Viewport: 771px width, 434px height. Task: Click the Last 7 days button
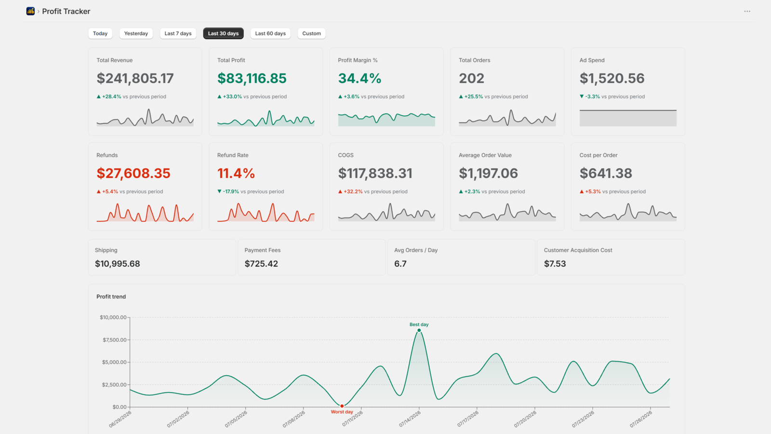(x=178, y=33)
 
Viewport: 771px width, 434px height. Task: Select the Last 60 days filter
(x=270, y=33)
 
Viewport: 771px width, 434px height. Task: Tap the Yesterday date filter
(x=136, y=33)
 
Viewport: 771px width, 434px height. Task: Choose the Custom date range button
(x=311, y=33)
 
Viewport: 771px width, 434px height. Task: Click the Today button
(x=100, y=33)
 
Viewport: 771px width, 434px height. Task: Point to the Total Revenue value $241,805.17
(x=135, y=78)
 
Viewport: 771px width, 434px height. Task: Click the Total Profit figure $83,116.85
(x=252, y=78)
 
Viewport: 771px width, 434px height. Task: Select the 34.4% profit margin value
(x=359, y=78)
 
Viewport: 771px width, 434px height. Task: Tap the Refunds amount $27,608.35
(x=133, y=173)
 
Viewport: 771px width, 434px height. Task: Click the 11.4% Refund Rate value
(x=236, y=173)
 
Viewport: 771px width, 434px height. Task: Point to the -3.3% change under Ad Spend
(x=592, y=96)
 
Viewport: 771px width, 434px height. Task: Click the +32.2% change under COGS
(x=353, y=191)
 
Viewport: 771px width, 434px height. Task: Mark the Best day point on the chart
(x=419, y=330)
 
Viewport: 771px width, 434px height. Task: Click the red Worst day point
(x=342, y=406)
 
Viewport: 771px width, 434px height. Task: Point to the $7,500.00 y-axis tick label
(x=114, y=339)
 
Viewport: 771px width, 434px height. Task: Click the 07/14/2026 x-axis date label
(x=410, y=419)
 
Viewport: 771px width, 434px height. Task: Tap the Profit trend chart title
(x=111, y=297)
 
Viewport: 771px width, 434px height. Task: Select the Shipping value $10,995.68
(x=118, y=263)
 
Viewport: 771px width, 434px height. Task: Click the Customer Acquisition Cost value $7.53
(x=555, y=263)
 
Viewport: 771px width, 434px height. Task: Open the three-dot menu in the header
(x=747, y=12)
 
